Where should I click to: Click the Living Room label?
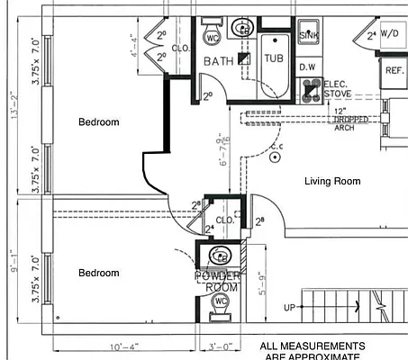click(331, 182)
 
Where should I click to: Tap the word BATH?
click(219, 61)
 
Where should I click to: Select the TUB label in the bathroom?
click(273, 58)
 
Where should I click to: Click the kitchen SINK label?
click(309, 35)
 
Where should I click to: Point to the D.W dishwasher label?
click(306, 67)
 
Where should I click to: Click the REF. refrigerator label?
click(394, 70)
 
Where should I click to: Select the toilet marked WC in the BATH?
click(213, 37)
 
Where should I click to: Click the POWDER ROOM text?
click(218, 281)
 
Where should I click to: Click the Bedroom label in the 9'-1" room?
click(98, 273)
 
